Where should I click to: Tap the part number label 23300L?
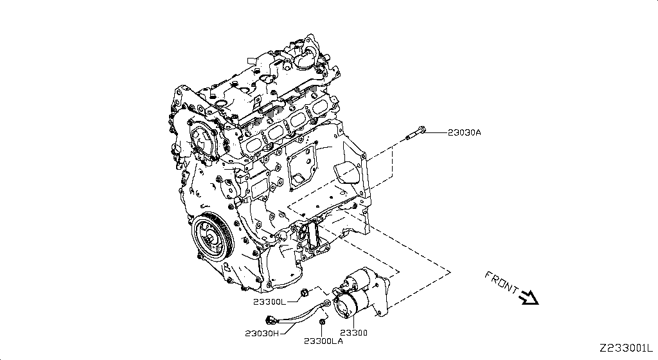tap(271, 301)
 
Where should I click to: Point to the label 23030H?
tap(262, 333)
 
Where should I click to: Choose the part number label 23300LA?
tap(323, 340)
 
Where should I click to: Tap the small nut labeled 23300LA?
tap(323, 320)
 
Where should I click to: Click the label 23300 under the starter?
tap(353, 333)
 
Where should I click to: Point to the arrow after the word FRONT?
tap(530, 297)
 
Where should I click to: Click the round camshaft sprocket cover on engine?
tap(204, 141)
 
